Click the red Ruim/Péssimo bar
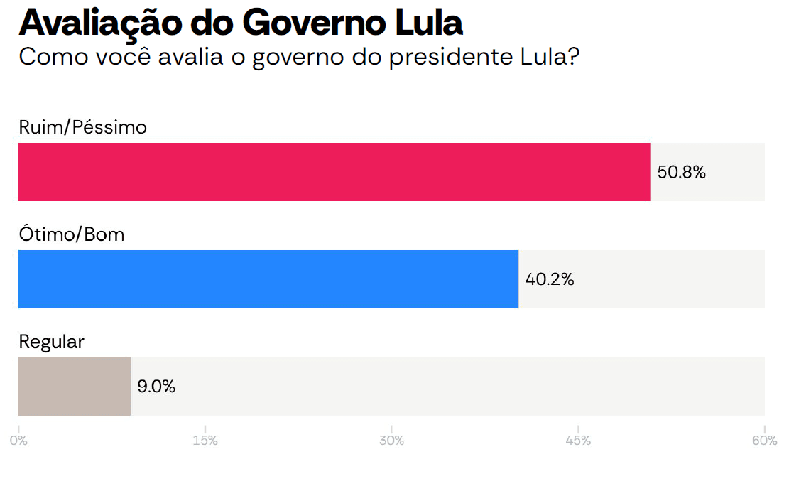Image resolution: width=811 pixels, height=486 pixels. [334, 172]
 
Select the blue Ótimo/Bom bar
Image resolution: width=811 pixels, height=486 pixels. [268, 279]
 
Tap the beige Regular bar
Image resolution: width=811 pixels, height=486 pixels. [75, 386]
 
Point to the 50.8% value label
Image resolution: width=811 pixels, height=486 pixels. [681, 172]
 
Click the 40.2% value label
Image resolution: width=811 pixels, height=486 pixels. [549, 279]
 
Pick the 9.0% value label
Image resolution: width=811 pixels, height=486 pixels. [156, 387]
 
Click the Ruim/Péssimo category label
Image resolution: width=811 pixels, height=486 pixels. [83, 127]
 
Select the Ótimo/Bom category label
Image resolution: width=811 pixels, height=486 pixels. [72, 234]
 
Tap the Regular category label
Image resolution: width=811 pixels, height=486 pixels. [51, 342]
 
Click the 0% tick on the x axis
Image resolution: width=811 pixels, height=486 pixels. [18, 441]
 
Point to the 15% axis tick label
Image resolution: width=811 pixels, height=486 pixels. [205, 441]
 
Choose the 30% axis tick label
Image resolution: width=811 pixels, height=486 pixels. [391, 441]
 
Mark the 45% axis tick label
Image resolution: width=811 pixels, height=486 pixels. [578, 441]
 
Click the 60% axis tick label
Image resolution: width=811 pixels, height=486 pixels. [764, 441]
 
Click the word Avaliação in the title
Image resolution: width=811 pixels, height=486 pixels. [101, 23]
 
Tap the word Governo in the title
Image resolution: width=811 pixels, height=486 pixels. [315, 23]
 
